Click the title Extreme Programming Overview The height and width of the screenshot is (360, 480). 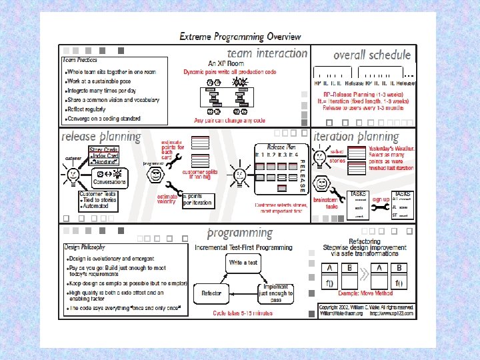click(240, 37)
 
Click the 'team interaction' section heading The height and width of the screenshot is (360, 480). click(267, 53)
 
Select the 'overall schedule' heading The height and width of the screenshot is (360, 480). click(371, 55)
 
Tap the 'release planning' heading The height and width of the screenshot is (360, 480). click(101, 137)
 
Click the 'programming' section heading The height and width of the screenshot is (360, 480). click(240, 233)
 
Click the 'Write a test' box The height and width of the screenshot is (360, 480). click(243, 263)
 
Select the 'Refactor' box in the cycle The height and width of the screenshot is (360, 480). click(211, 293)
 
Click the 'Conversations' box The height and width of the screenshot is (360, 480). click(109, 182)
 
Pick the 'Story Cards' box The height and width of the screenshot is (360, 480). click(104, 151)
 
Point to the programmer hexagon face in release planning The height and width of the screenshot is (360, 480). click(155, 176)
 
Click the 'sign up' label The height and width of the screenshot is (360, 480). click(381, 199)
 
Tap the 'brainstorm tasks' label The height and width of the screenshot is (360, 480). click(325, 203)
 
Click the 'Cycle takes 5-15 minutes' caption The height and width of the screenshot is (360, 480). click(243, 313)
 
